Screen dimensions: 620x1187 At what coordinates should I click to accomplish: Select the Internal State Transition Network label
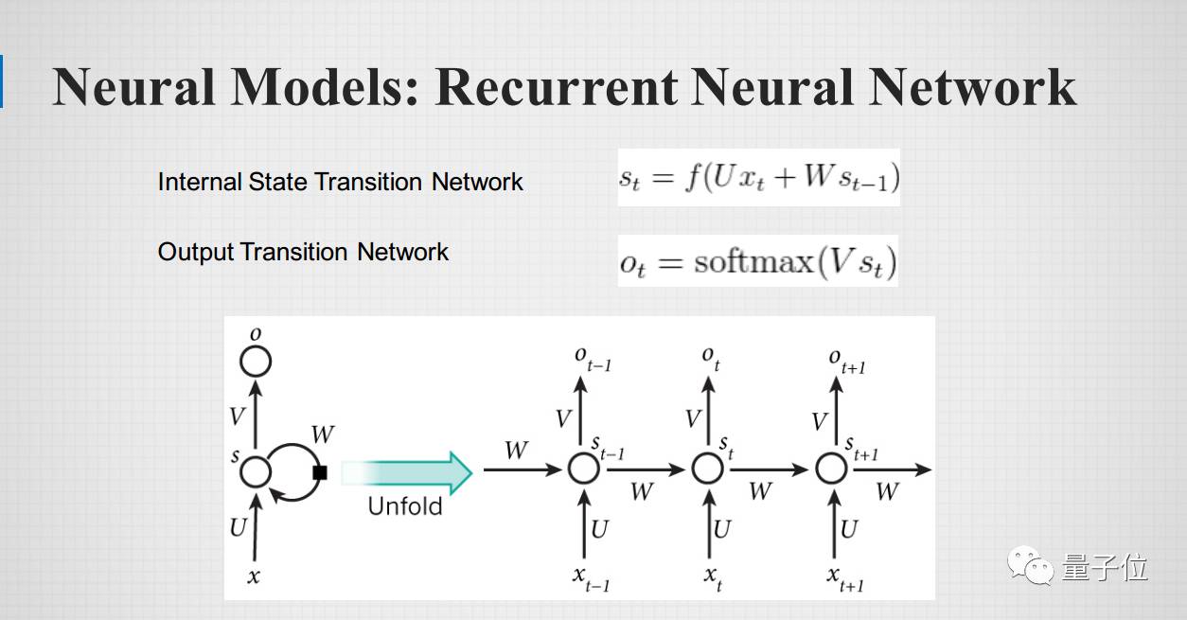pos(340,182)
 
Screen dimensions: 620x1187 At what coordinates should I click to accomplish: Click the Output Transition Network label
pos(303,252)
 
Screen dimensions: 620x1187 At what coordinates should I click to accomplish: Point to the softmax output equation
pos(757,261)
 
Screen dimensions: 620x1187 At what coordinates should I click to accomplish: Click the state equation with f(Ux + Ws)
pos(758,177)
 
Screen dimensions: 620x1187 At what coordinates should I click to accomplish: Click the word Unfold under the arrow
pos(405,506)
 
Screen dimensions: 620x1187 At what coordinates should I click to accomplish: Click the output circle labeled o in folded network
pos(256,361)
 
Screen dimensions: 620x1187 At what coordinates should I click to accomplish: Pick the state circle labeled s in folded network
pos(256,471)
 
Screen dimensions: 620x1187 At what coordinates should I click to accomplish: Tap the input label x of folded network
pos(254,576)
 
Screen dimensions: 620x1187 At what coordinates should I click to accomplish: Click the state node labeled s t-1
pos(584,468)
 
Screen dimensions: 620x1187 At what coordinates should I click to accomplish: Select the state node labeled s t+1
pos(831,468)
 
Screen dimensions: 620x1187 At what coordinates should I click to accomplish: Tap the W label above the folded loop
pos(322,434)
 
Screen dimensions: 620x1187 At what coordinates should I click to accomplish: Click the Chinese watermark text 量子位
pos(1106,567)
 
